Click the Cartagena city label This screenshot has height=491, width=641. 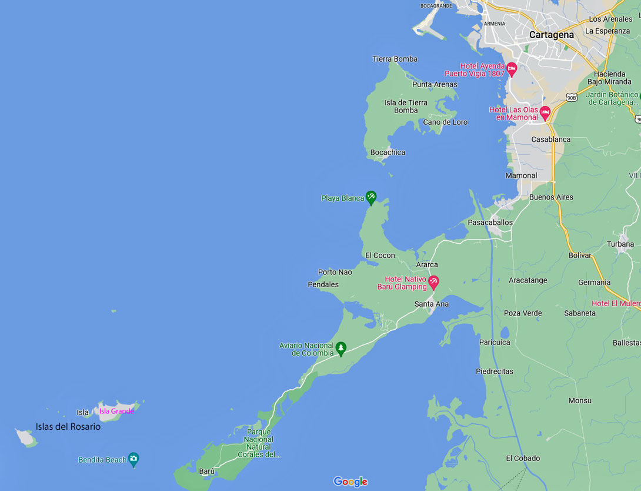pos(551,35)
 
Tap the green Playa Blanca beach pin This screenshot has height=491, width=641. pos(370,197)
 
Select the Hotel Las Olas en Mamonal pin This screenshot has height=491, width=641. pos(545,112)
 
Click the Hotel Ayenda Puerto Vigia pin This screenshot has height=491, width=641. pos(512,68)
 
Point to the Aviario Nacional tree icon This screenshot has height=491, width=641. pos(340,349)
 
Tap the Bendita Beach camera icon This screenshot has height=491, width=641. pos(133,459)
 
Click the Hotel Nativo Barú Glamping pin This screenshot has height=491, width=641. pos(433,281)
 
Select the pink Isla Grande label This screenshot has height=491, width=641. pos(116,411)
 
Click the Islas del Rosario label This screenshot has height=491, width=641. pos(68,427)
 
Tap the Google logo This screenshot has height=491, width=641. pos(350,482)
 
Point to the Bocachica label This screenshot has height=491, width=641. pos(388,152)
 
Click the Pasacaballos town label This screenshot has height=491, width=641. pos(490,223)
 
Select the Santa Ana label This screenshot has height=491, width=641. pos(431,304)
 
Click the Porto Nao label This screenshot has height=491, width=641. pos(335,272)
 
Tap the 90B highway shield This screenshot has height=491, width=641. pos(571,97)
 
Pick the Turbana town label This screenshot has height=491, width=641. pos(620,244)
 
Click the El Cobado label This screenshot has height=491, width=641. pos(523,458)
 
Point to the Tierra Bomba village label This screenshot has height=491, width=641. pos(395,59)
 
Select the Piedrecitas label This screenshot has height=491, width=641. pos(494,371)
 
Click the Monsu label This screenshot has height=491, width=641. pos(580,400)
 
